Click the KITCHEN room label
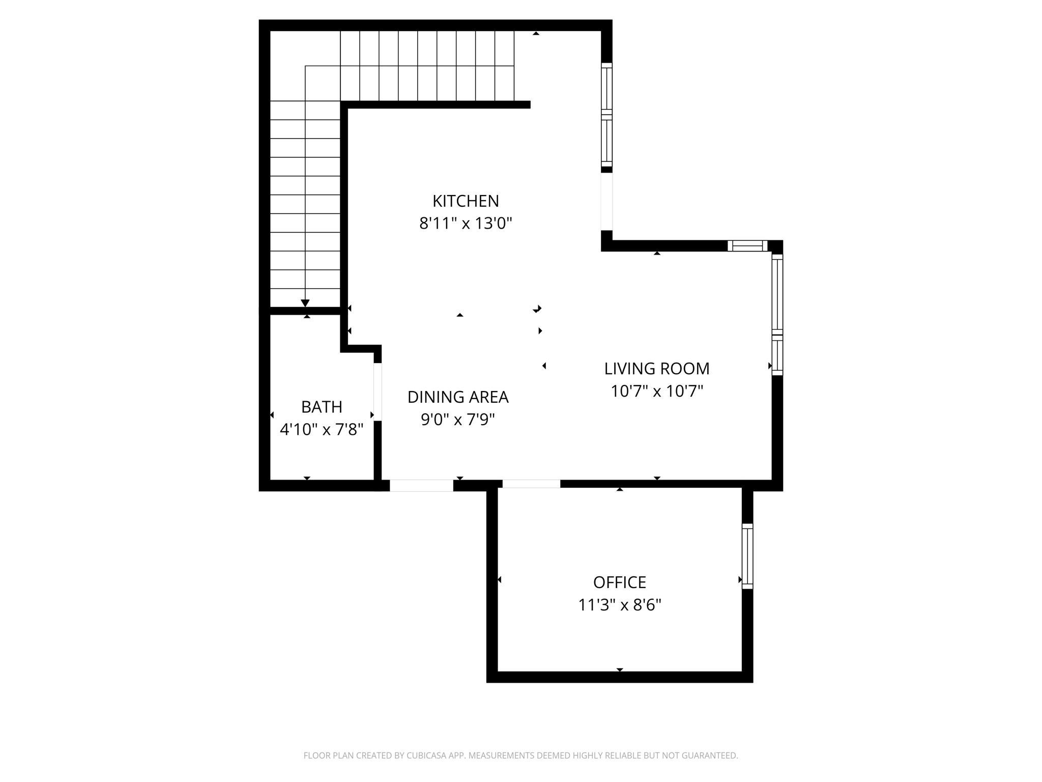tap(466, 201)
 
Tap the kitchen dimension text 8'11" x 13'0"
tap(466, 224)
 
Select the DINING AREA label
tap(458, 397)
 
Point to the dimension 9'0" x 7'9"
tap(458, 420)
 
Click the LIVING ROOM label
tap(657, 369)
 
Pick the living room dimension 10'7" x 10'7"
tap(657, 391)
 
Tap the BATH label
tap(322, 407)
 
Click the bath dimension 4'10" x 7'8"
tap(322, 429)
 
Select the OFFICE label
tap(620, 582)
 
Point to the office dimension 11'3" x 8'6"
tap(620, 605)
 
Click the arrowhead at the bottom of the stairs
tap(305, 303)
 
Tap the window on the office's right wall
tap(747, 556)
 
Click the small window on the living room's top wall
tap(747, 246)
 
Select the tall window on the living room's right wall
tap(777, 315)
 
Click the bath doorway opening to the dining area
tap(378, 392)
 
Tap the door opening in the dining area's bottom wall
tap(421, 486)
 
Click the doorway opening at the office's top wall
tap(531, 484)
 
